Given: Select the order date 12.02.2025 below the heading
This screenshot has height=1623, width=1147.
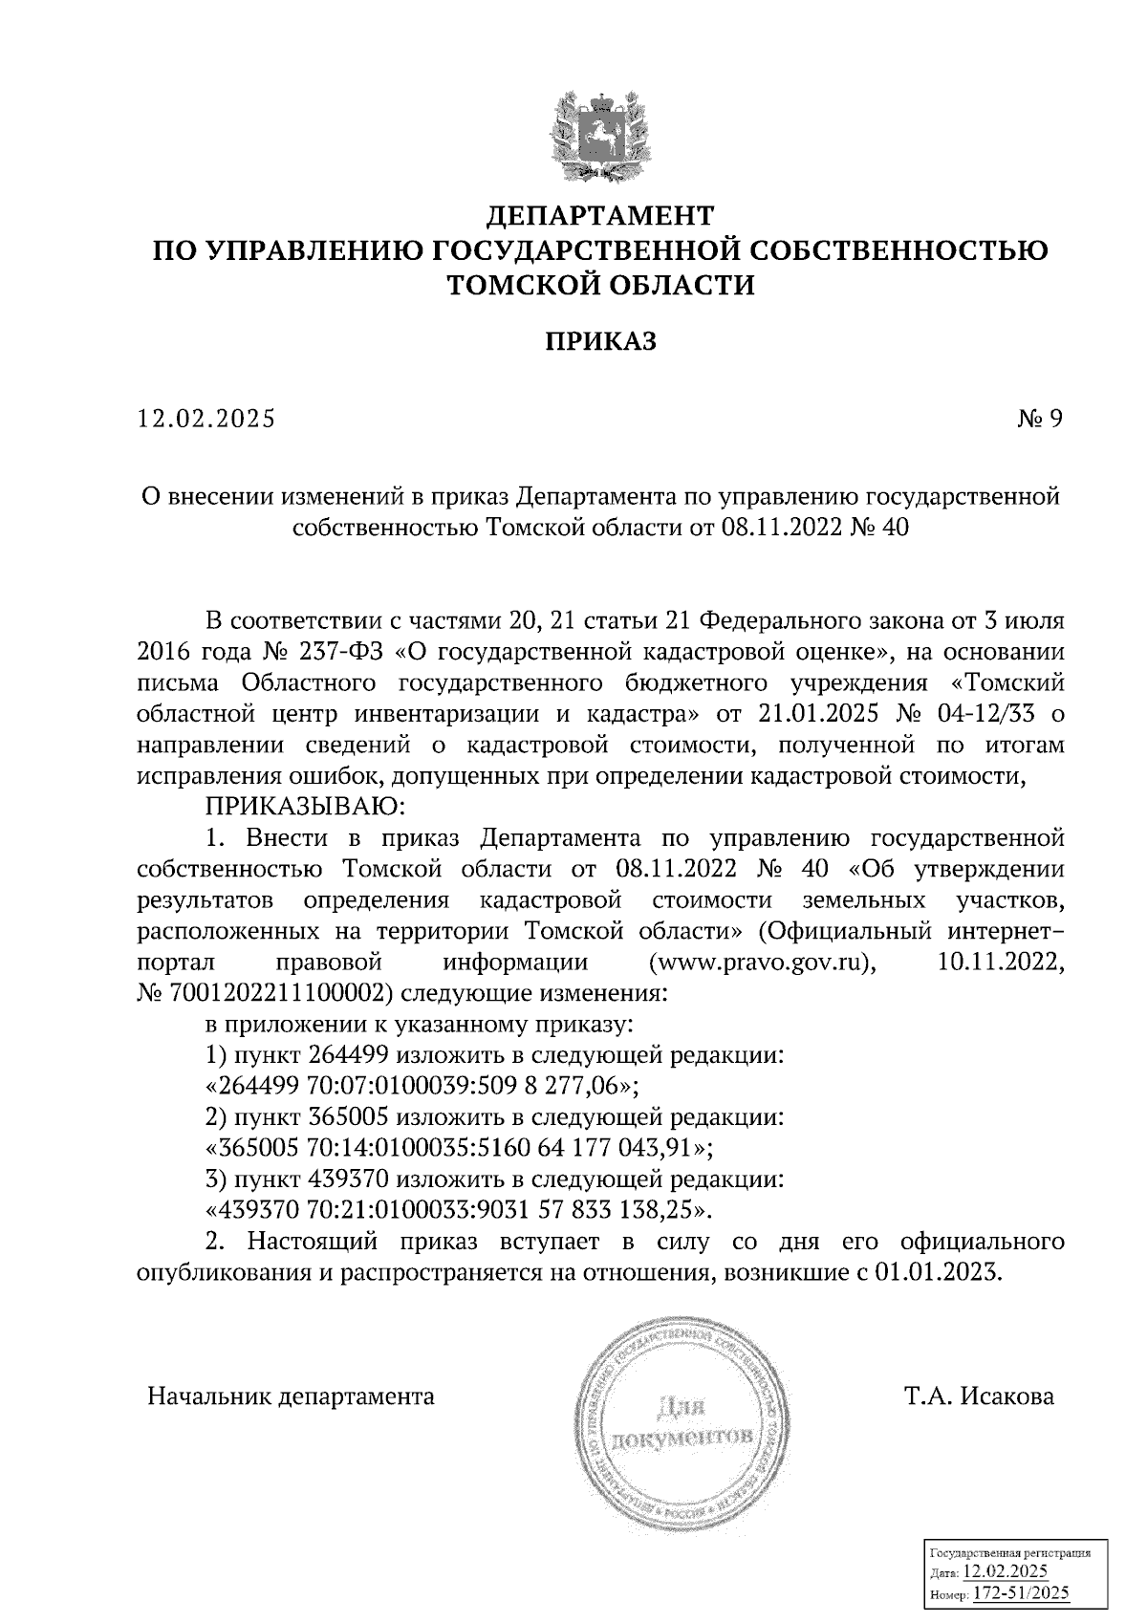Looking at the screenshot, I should [x=206, y=420].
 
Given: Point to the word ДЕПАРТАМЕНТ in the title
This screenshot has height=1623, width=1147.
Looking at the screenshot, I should [x=601, y=212].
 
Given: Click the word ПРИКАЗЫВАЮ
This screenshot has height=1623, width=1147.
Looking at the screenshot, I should [x=306, y=808].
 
